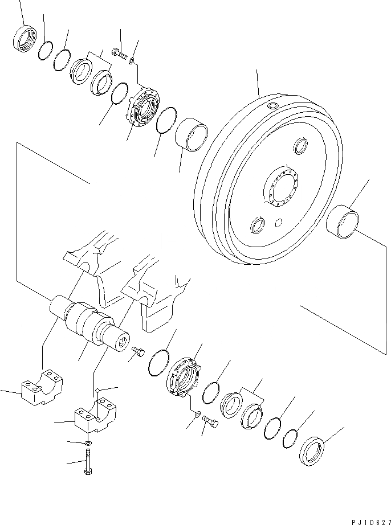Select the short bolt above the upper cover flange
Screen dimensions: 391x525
[x=120, y=54]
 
